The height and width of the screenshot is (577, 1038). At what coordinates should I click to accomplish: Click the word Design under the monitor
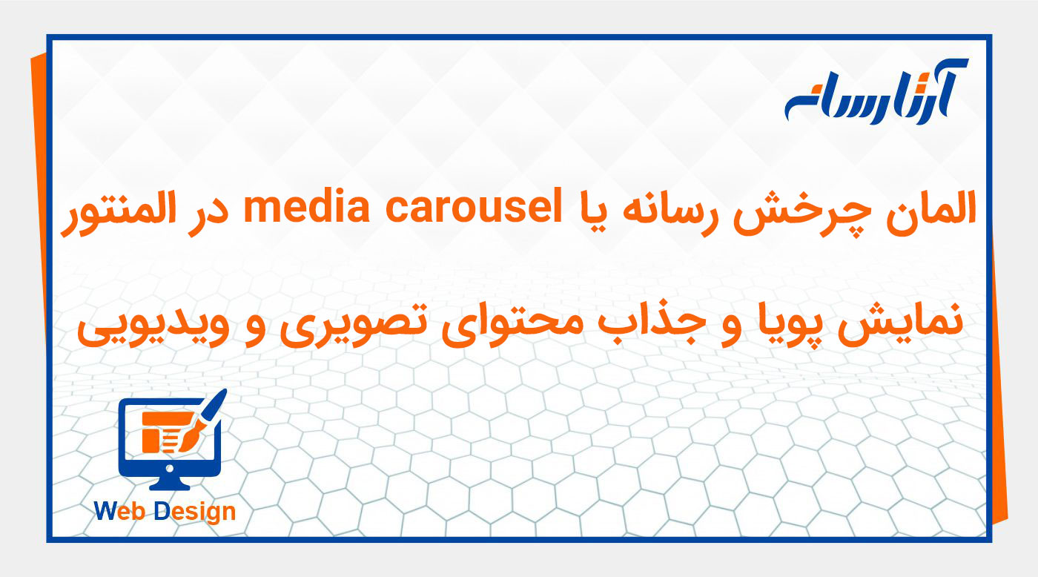pyautogui.click(x=196, y=511)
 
